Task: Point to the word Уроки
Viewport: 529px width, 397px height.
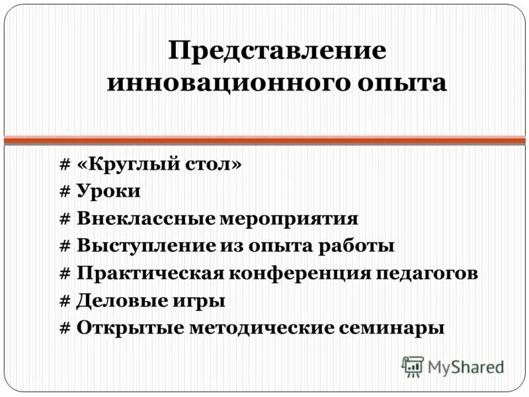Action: [108, 192]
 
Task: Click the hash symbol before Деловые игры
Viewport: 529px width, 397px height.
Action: [65, 300]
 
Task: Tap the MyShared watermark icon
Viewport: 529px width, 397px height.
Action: [413, 366]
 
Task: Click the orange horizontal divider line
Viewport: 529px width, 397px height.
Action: [264, 140]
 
